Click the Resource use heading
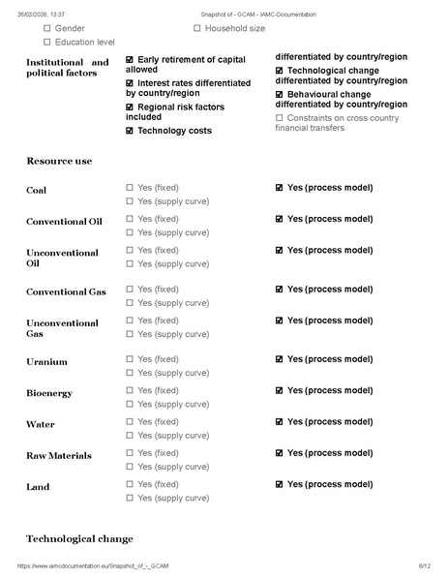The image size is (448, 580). (x=59, y=161)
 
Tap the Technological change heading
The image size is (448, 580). (x=79, y=538)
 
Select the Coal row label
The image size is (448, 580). (x=36, y=191)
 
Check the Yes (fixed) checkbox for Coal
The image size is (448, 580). (x=130, y=187)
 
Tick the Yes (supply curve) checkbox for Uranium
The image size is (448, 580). (x=130, y=373)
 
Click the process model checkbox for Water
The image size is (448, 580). (x=280, y=422)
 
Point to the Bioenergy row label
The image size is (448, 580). (x=49, y=393)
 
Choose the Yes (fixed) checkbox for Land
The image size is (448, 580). (x=130, y=484)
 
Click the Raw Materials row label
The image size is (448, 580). (x=59, y=456)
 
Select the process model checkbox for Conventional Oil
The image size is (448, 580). (x=280, y=219)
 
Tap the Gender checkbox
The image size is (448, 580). (x=46, y=29)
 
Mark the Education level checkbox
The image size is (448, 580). (x=46, y=44)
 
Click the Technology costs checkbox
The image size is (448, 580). (x=130, y=131)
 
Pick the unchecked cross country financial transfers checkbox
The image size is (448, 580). (x=280, y=117)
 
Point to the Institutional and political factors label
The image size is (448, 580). (x=67, y=68)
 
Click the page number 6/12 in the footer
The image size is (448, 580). (x=424, y=565)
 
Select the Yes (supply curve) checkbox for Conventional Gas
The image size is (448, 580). (x=130, y=302)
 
